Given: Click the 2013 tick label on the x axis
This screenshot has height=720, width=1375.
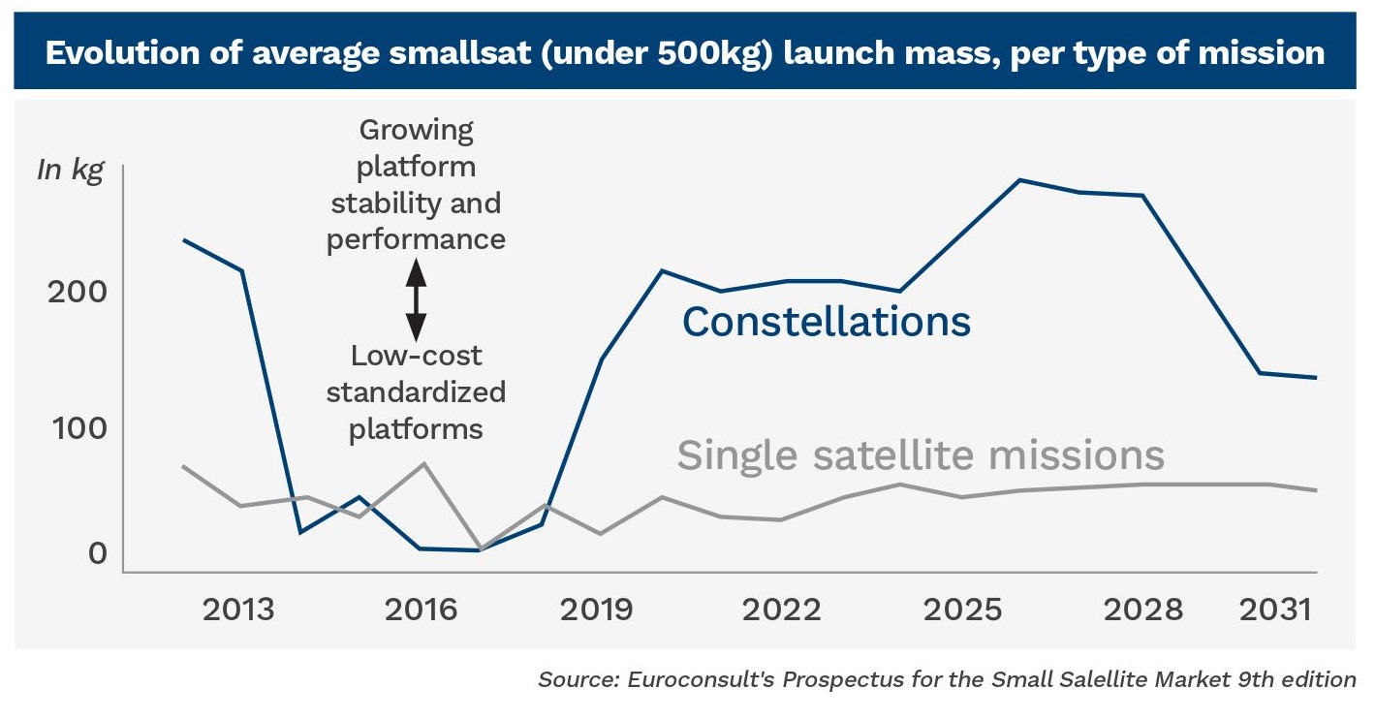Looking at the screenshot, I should [x=238, y=610].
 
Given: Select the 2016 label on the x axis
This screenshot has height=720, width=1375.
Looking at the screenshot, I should [x=421, y=610].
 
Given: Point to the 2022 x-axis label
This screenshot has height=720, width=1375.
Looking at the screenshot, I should [x=781, y=610].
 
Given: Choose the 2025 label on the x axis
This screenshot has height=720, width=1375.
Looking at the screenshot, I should [x=962, y=610].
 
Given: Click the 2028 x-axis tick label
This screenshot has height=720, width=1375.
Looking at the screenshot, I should [x=1143, y=610].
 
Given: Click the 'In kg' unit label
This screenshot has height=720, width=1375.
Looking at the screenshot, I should [x=70, y=170].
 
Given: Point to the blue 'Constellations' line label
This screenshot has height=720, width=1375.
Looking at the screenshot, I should [x=827, y=322].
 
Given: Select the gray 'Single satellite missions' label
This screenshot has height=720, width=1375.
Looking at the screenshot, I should [x=920, y=454].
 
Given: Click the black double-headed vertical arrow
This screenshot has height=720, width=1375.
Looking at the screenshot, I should [x=416, y=299].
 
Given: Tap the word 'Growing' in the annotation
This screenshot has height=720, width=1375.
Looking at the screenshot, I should [x=416, y=130].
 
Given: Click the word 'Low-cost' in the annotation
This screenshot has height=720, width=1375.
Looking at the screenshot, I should [x=416, y=356].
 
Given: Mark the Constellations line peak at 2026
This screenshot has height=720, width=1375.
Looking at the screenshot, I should [x=1020, y=180].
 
